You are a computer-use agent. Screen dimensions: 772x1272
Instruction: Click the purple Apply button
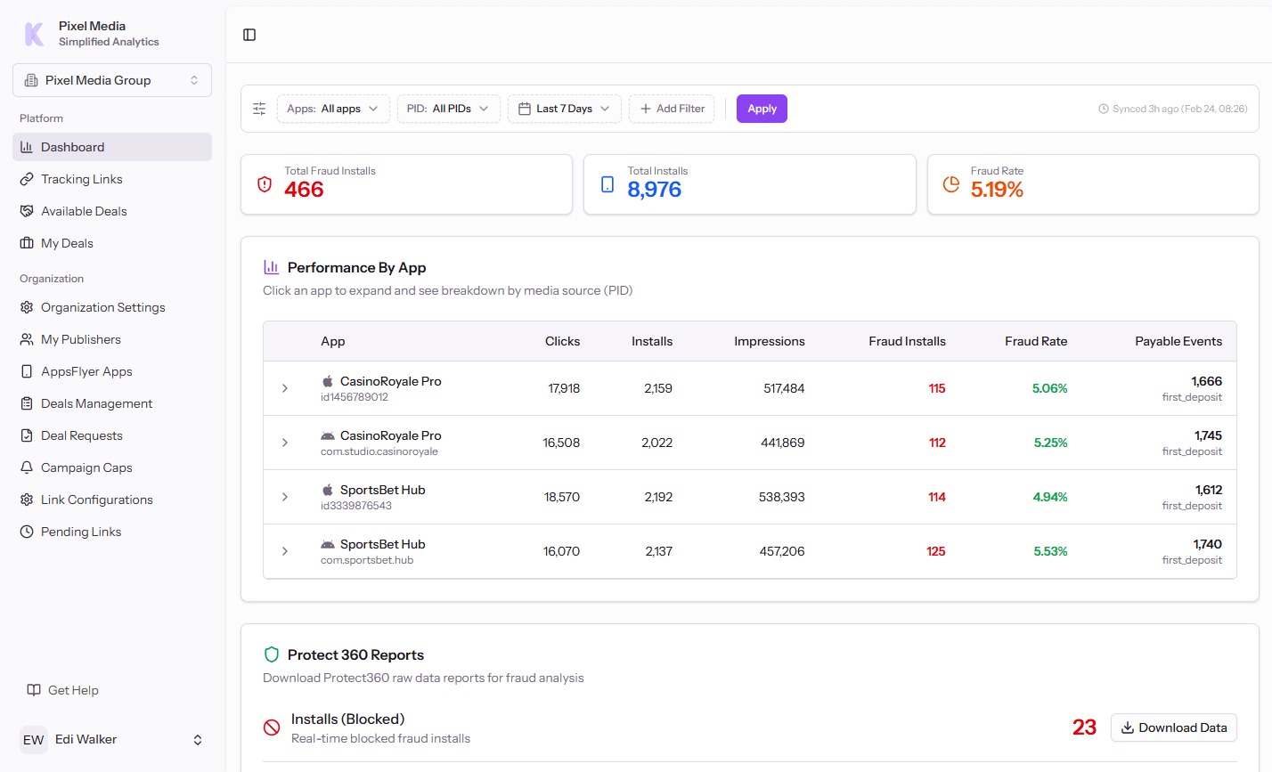pyautogui.click(x=762, y=109)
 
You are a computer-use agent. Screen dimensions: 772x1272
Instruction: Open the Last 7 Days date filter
pyautogui.click(x=565, y=109)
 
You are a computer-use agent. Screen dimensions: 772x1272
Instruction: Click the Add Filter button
pyautogui.click(x=672, y=109)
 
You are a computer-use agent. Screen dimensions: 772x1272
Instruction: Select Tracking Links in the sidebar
pyautogui.click(x=82, y=179)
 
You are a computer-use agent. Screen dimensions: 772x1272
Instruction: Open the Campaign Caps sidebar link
pyautogui.click(x=86, y=467)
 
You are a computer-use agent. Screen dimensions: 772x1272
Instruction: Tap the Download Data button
pyautogui.click(x=1173, y=727)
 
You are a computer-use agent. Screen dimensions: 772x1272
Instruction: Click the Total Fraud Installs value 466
pyautogui.click(x=304, y=190)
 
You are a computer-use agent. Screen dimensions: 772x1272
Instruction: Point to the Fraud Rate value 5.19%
pyautogui.click(x=997, y=190)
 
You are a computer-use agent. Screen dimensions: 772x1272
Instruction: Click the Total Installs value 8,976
pyautogui.click(x=654, y=190)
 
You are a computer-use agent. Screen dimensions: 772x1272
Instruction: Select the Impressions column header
pyautogui.click(x=769, y=341)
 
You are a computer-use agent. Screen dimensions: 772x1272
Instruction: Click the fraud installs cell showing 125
pyautogui.click(x=935, y=551)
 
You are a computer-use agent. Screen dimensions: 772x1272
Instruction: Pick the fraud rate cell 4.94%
pyautogui.click(x=1049, y=497)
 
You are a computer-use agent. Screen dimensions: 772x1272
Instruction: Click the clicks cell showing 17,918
pyautogui.click(x=564, y=388)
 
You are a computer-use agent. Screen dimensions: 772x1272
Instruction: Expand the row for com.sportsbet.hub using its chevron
pyautogui.click(x=285, y=551)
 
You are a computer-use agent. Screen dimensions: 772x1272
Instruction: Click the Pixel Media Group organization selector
pyautogui.click(x=112, y=80)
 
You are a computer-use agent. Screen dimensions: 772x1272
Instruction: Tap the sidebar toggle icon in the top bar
pyautogui.click(x=249, y=35)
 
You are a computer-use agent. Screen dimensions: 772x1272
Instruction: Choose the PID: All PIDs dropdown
pyautogui.click(x=448, y=109)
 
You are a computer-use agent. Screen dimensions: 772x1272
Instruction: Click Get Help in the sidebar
pyautogui.click(x=73, y=690)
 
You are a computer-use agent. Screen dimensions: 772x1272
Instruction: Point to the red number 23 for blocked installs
pyautogui.click(x=1084, y=727)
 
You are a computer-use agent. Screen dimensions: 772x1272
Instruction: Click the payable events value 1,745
pyautogui.click(x=1208, y=435)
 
